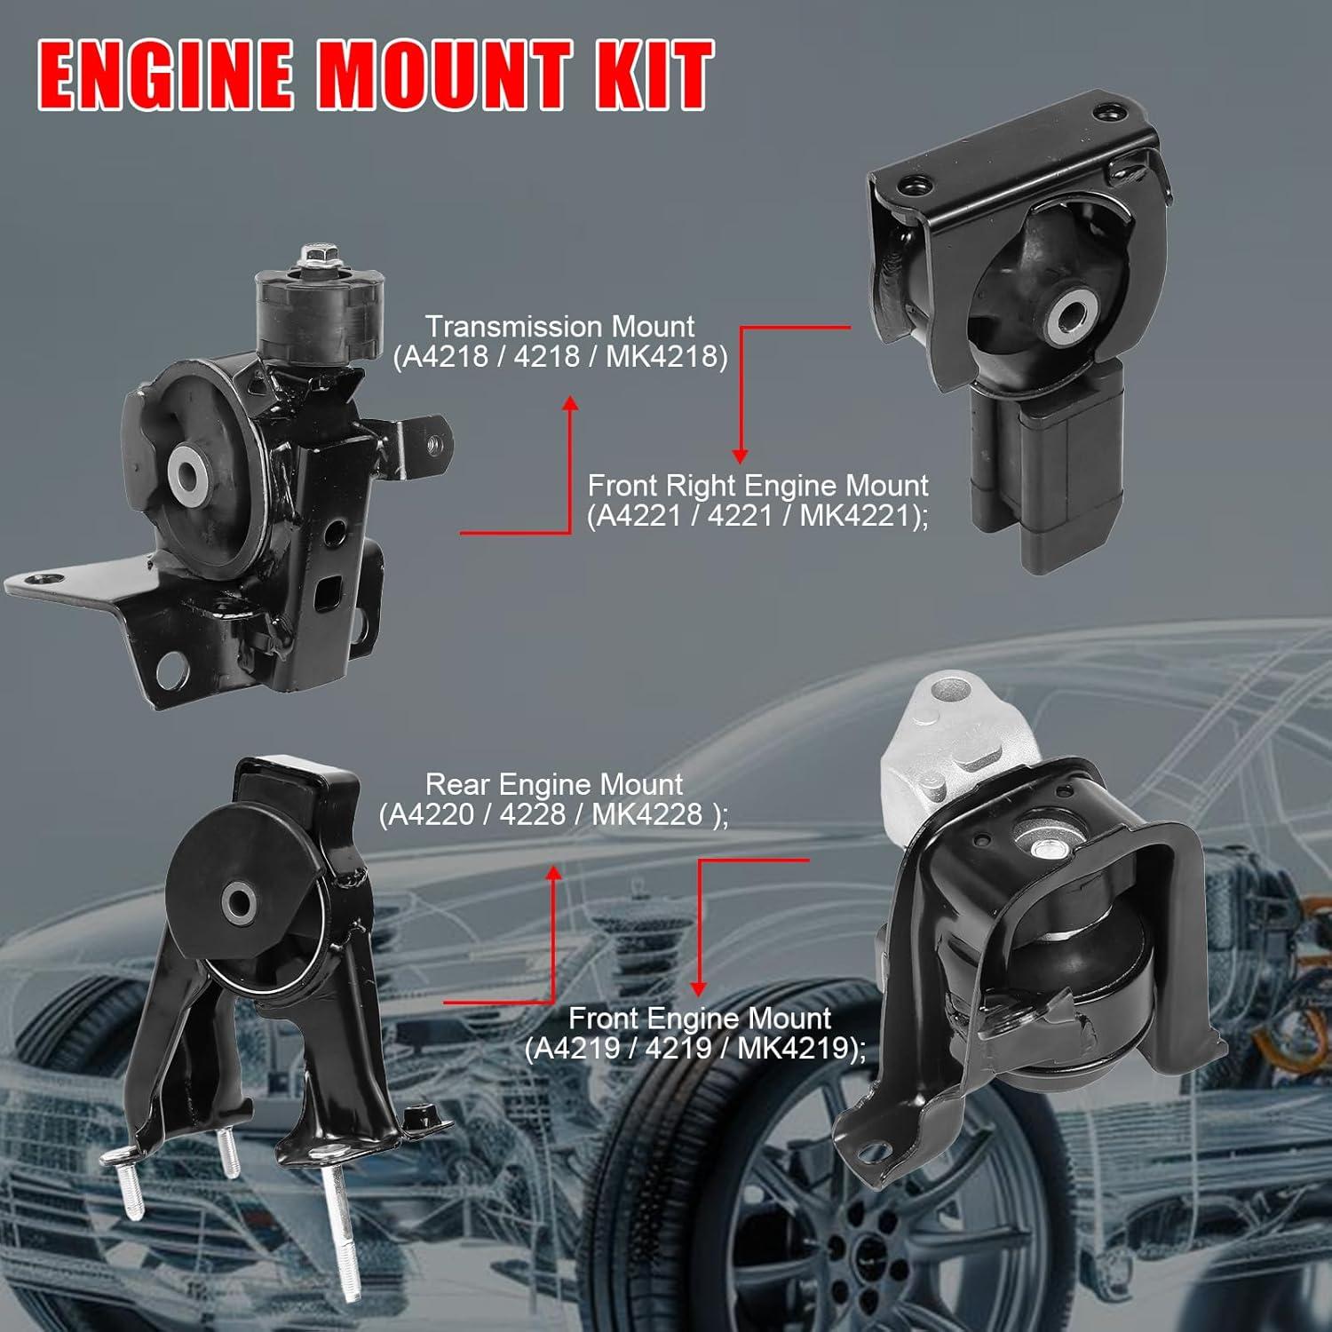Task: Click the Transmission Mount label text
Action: [x=559, y=326]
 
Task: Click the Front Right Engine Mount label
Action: [x=757, y=486]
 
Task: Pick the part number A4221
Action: [x=638, y=515]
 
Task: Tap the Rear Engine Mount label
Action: [x=553, y=784]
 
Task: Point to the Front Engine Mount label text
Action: [x=699, y=1018]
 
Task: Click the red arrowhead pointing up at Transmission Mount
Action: [x=570, y=404]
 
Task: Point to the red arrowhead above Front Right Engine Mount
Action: [x=740, y=455]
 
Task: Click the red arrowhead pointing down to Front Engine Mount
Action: [x=698, y=988]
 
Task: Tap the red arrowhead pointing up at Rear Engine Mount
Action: [x=553, y=874]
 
